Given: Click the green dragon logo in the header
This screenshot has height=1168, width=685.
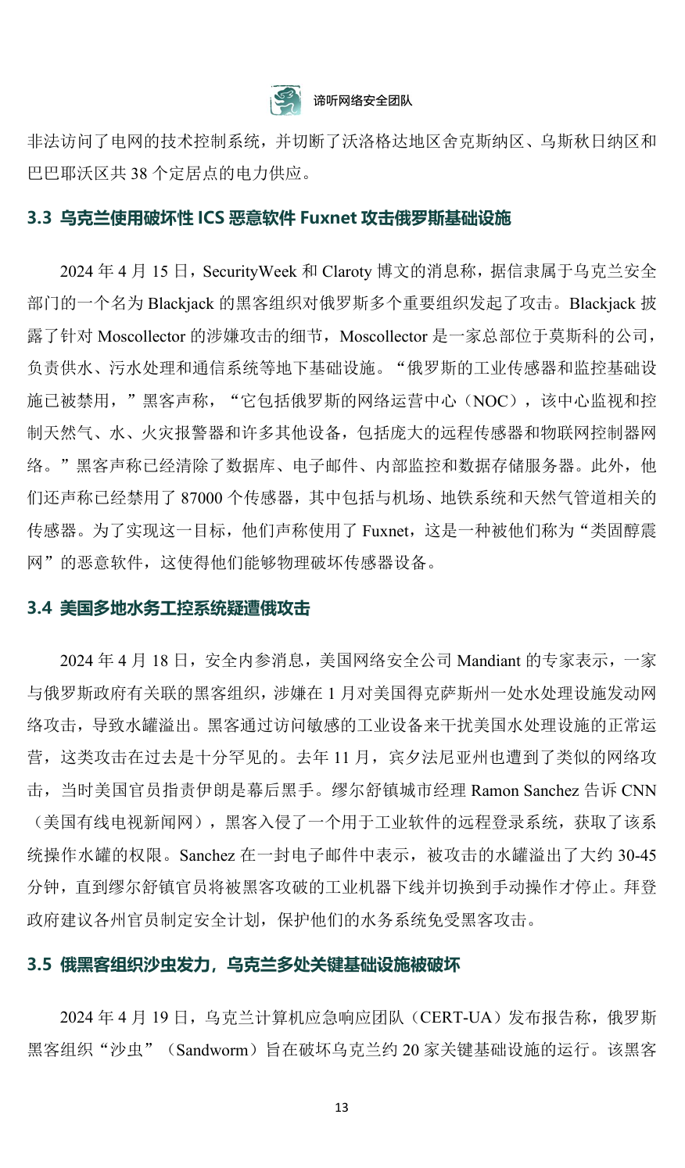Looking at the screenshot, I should click(x=285, y=101).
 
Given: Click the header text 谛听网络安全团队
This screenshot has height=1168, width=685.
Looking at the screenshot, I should click(x=363, y=101).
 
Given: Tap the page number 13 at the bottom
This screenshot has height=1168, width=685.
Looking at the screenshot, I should click(x=341, y=1107).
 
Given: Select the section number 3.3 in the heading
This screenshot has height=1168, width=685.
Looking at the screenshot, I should click(x=39, y=218).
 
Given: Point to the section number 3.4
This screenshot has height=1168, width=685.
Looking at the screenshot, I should click(x=39, y=608).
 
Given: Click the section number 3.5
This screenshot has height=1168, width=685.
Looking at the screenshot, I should click(x=39, y=965).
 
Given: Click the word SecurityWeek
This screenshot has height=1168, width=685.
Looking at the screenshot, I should click(x=249, y=271).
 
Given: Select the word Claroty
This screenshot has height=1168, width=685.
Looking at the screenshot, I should click(x=346, y=271).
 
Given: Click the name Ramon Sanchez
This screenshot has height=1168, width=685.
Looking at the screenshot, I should click(x=524, y=790).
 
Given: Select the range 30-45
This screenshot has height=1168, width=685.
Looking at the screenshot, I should click(x=637, y=855).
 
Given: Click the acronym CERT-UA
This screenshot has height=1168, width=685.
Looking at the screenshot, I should click(x=455, y=1017).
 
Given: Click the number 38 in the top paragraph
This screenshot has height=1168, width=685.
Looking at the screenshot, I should click(x=139, y=174).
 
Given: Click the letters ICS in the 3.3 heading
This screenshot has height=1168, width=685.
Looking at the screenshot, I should click(x=210, y=218).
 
